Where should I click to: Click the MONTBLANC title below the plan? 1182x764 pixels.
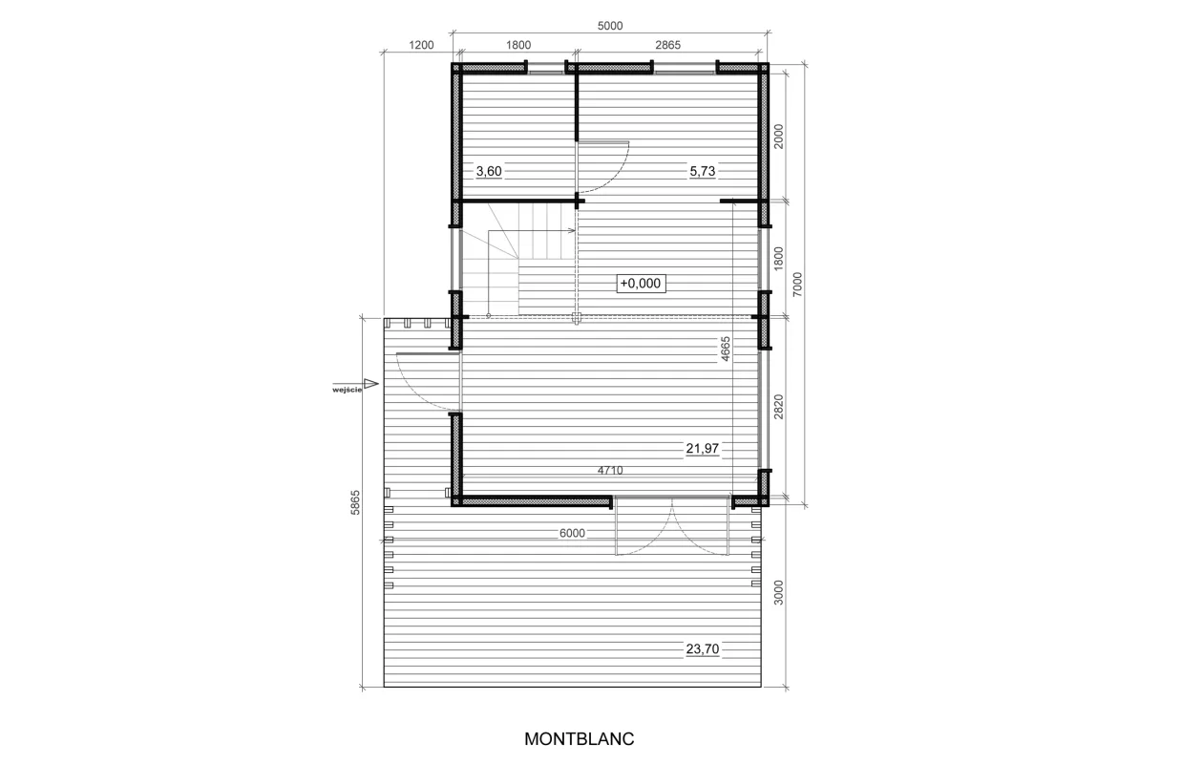tap(579, 738)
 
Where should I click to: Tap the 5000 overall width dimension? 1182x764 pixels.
tap(610, 26)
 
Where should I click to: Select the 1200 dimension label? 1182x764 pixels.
tap(421, 45)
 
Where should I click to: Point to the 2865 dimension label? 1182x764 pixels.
tap(667, 45)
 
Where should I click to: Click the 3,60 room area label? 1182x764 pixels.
tap(489, 171)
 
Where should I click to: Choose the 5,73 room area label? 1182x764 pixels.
tap(703, 171)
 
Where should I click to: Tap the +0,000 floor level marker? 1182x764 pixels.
tap(641, 284)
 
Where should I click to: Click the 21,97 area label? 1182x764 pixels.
tap(703, 448)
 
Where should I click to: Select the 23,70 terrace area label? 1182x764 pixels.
tap(703, 648)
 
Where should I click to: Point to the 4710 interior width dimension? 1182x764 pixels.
tap(610, 470)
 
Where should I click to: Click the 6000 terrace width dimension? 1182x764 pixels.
tap(572, 533)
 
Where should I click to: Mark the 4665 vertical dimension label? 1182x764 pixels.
tap(726, 349)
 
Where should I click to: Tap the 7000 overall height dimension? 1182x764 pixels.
tap(797, 284)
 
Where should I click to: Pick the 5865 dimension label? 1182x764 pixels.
tap(355, 502)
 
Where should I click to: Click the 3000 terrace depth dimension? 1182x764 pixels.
tap(778, 592)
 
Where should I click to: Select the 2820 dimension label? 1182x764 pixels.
tap(778, 407)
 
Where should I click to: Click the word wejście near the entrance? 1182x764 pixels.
tap(348, 391)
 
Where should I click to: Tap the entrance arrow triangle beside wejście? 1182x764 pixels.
tap(371, 384)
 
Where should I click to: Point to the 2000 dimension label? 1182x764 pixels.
tap(778, 137)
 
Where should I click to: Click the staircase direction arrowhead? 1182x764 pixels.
tap(572, 230)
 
